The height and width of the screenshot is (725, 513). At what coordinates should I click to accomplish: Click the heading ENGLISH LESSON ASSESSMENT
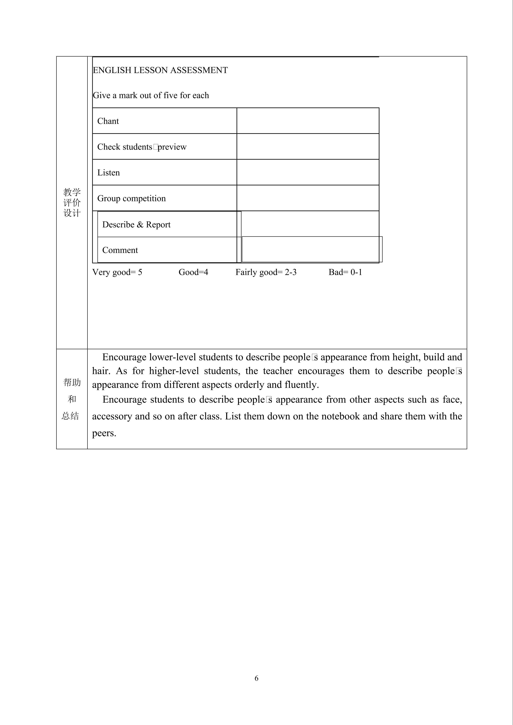(x=160, y=70)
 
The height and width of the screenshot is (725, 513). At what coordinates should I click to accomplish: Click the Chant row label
(x=108, y=121)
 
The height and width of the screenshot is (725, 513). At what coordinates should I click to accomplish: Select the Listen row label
(x=108, y=173)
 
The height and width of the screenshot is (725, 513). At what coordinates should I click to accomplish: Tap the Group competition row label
(x=131, y=198)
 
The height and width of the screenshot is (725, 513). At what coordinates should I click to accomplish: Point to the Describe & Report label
(x=136, y=225)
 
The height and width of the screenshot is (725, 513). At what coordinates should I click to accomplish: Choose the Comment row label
(x=120, y=250)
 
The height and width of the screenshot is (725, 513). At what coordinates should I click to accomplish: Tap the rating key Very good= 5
(x=117, y=272)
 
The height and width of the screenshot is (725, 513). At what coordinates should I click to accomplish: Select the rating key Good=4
(x=193, y=272)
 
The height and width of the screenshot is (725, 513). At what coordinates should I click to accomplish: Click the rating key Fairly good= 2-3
(x=266, y=272)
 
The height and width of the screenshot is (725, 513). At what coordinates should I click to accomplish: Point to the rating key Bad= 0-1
(x=345, y=272)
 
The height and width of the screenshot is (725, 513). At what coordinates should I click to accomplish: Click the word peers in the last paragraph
(x=104, y=433)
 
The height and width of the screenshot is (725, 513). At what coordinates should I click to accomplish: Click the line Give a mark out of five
(x=151, y=95)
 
